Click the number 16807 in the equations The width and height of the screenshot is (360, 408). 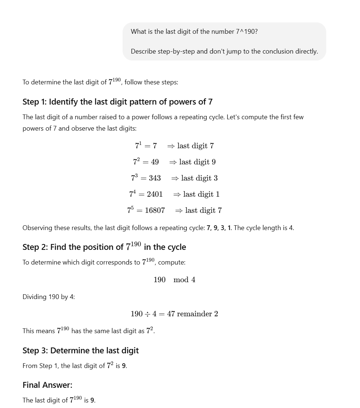(155, 211)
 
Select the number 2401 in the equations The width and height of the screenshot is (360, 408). (155, 194)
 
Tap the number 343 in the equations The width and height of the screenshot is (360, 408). (155, 178)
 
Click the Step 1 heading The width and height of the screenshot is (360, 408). (117, 102)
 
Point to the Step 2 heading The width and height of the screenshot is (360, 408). (104, 247)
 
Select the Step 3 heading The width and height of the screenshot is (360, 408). (80, 351)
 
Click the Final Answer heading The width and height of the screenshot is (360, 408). (47, 385)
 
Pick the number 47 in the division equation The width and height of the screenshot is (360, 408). (171, 314)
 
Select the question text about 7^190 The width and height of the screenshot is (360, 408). (194, 32)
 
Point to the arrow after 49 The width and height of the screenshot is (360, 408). (173, 162)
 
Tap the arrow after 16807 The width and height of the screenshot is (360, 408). (179, 211)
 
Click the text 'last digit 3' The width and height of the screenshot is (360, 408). (199, 178)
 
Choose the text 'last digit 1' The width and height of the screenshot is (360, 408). (201, 194)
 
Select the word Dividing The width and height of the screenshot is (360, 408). (34, 297)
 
